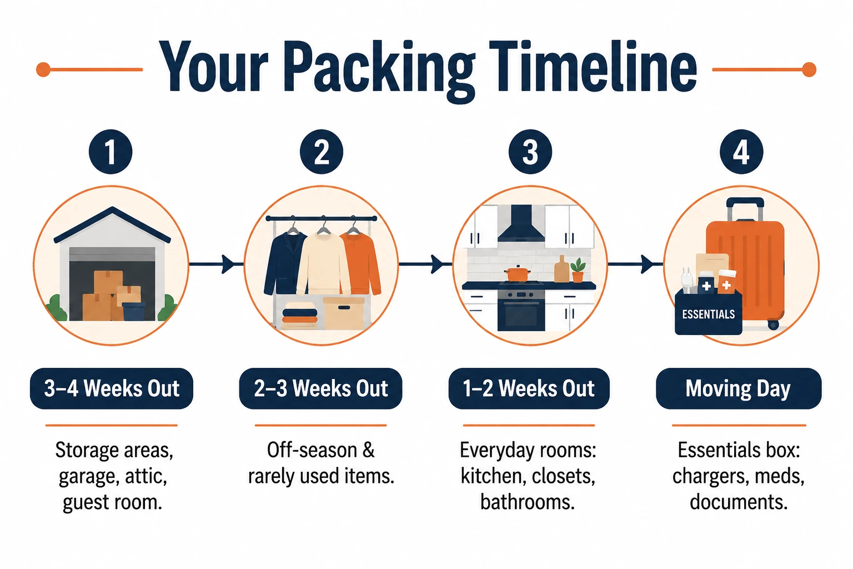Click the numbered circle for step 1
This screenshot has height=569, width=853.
coord(111,152)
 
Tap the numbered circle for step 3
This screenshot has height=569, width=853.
coord(530,152)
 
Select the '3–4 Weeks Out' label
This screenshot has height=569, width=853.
coord(112,388)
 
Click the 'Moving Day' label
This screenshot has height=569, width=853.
coord(739,388)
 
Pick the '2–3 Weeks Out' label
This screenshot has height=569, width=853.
coord(320,388)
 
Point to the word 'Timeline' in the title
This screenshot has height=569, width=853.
coord(593,67)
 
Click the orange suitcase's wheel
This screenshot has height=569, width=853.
coord(773,325)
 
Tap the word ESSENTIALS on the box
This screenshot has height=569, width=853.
coord(708,315)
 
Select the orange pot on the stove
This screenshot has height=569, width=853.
coord(518,273)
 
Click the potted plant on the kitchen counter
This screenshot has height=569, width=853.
coord(578,270)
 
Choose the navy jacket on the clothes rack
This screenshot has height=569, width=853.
coord(285,263)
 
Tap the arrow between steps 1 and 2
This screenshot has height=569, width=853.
coord(216,264)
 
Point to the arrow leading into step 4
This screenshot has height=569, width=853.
coord(635,264)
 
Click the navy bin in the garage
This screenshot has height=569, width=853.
coord(134,311)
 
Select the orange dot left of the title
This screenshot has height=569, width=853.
coord(43,69)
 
